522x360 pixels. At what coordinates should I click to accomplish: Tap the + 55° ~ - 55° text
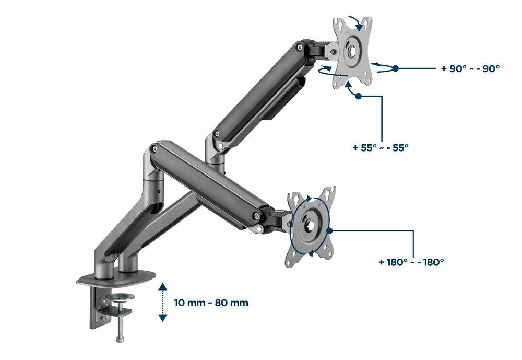point(381,147)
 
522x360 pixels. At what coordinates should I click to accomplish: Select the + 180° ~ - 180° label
point(411,261)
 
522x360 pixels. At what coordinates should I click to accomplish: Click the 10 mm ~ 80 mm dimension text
point(211,303)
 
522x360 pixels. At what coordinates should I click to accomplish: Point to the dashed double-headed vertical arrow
point(163,302)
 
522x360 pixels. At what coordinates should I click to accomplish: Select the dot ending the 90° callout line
point(396,68)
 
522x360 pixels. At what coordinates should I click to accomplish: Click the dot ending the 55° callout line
point(358,96)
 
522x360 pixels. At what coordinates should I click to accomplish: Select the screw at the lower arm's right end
point(256,215)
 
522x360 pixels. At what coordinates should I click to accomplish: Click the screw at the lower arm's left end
point(154,149)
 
